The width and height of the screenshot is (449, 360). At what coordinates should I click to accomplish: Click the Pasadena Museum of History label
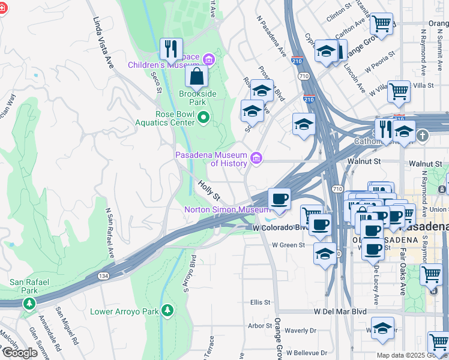[x=211, y=159]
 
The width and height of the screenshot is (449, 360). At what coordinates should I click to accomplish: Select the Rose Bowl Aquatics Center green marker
[x=203, y=118]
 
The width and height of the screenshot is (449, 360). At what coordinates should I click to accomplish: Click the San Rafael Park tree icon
[x=29, y=304]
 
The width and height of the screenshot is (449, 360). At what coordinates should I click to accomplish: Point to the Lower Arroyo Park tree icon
[x=167, y=310]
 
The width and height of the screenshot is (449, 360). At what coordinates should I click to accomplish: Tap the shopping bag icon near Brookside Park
[x=196, y=77]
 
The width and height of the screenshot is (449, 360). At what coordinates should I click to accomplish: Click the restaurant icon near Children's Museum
[x=172, y=49]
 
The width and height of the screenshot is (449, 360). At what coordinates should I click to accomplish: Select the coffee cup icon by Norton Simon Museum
[x=279, y=199]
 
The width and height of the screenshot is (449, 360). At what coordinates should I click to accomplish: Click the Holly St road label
[x=209, y=192]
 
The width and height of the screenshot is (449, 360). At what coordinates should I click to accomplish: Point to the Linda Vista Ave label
[x=103, y=42]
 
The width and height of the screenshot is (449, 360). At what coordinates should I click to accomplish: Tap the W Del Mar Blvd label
[x=340, y=312]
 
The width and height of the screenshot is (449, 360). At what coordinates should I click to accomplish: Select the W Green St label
[x=288, y=245]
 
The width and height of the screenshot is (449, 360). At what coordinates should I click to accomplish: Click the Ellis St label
[x=262, y=302]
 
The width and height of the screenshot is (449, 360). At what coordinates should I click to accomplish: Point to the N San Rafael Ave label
[x=109, y=234]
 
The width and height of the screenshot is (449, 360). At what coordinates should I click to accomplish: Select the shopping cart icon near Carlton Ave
[x=381, y=25]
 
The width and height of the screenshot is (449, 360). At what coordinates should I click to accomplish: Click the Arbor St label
[x=260, y=326]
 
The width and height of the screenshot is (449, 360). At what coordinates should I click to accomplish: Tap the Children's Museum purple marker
[x=208, y=58]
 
